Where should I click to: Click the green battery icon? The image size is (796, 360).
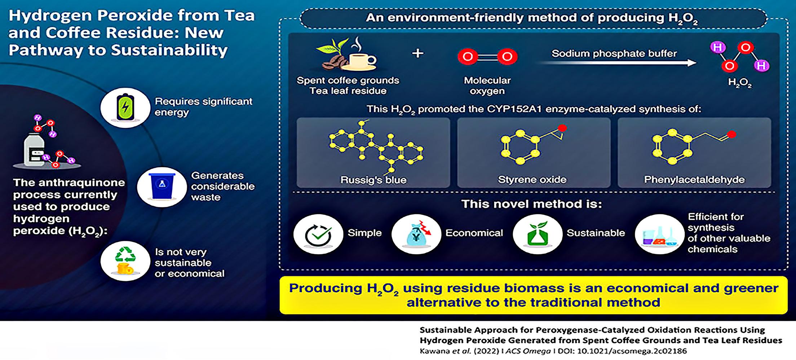pyautogui.click(x=125, y=107)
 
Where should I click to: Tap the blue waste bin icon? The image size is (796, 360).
pyautogui.click(x=162, y=186)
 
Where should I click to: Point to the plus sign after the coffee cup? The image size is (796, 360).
pyautogui.click(x=417, y=53)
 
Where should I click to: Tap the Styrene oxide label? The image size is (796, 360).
pyautogui.click(x=532, y=180)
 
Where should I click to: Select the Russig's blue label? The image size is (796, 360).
pyautogui.click(x=373, y=180)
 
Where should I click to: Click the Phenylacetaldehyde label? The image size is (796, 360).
pyautogui.click(x=694, y=180)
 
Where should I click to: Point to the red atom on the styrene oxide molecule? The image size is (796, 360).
pyautogui.click(x=562, y=128)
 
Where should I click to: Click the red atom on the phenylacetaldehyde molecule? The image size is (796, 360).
pyautogui.click(x=731, y=135)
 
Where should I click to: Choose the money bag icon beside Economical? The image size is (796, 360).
pyautogui.click(x=416, y=234)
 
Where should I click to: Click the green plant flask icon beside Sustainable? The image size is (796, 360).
pyautogui.click(x=538, y=234)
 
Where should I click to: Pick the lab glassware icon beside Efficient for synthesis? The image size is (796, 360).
pyautogui.click(x=659, y=235)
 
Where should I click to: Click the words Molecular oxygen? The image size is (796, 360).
pyautogui.click(x=487, y=85)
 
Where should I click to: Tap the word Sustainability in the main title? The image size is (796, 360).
pyautogui.click(x=169, y=51)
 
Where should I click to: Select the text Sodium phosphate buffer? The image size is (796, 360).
pyautogui.click(x=614, y=53)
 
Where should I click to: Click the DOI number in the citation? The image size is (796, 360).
pyautogui.click(x=632, y=351)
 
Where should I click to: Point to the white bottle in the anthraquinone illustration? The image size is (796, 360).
pyautogui.click(x=34, y=150)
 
